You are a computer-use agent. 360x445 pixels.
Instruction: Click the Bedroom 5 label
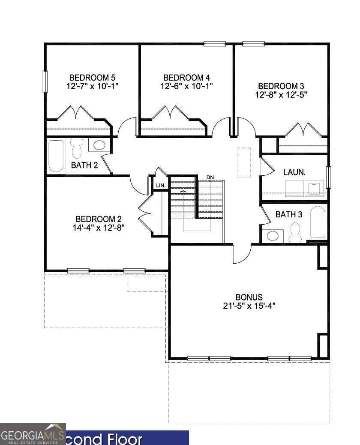pos(92,78)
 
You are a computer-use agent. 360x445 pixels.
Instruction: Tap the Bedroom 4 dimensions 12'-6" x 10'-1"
pos(187,86)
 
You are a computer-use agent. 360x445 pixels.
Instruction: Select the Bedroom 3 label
pos(281,86)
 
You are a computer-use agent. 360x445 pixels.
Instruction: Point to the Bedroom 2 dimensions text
pos(99,228)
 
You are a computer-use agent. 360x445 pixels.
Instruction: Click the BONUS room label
pos(249,297)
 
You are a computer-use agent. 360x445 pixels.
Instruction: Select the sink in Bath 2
pos(99,145)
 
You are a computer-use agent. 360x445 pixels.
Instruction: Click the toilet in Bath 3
pos(295,232)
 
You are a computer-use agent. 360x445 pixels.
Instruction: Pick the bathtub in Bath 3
pos(318,222)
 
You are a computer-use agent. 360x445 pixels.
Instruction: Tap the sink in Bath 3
pos(273,236)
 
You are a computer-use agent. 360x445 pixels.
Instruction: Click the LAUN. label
pos(294,172)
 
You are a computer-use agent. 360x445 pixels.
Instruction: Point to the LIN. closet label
pos(161,186)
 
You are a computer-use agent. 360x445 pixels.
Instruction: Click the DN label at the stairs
pos(210,177)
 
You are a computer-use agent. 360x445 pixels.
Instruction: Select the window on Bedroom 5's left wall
pos(45,82)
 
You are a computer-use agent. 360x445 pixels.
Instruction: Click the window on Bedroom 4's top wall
pos(215,44)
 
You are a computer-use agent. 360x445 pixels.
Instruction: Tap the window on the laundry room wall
pos(329,177)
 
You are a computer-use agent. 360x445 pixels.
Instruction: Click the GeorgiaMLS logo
pos(33,434)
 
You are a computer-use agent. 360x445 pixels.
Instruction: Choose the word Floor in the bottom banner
pos(125,439)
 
